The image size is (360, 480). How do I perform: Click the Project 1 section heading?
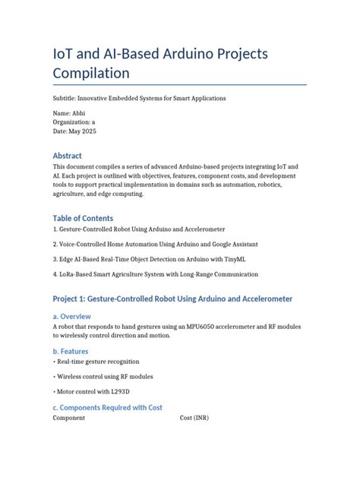click(172, 298)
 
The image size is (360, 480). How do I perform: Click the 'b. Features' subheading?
click(71, 352)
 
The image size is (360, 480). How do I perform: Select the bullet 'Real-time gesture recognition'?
click(96, 362)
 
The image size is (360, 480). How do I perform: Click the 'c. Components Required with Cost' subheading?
click(107, 408)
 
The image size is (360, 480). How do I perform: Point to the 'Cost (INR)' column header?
click(197, 418)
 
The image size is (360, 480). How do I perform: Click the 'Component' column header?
click(69, 418)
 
